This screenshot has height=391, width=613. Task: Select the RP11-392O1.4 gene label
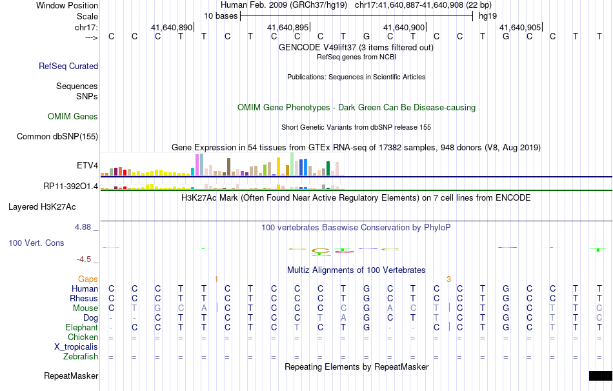point(70,186)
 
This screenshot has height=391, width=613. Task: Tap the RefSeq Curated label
point(68,66)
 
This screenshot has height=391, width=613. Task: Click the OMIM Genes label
point(73,117)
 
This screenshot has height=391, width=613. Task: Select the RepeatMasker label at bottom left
point(71,376)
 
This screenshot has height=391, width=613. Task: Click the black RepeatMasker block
point(600,376)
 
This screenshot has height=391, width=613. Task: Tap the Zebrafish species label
point(81,356)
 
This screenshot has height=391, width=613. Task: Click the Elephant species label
point(81,327)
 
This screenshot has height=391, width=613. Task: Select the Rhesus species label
point(84,298)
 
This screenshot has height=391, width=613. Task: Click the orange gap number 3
point(448,279)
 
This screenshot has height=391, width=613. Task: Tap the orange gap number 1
point(216,279)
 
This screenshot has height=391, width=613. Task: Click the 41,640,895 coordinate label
point(288,28)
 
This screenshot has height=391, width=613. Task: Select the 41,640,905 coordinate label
point(520,28)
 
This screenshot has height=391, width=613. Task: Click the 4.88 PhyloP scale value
point(85,227)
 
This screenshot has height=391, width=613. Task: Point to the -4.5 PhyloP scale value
point(85,259)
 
